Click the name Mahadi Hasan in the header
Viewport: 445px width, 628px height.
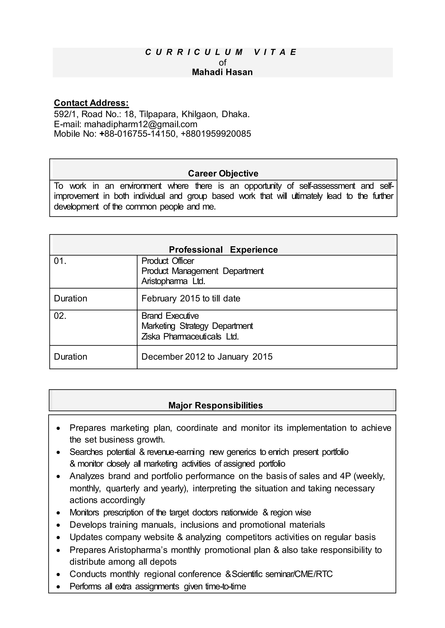222,72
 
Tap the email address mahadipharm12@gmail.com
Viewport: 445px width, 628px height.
141,124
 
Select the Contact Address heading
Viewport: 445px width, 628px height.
91,103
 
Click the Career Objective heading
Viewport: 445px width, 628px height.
223,173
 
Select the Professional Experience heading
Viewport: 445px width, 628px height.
223,250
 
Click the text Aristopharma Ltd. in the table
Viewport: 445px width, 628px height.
173,281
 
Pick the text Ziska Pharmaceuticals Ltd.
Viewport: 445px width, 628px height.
190,336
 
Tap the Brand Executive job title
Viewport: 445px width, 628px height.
170,316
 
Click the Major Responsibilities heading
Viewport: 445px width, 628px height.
215,405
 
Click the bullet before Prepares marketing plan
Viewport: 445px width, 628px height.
58,428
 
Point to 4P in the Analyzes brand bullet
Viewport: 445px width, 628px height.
345,476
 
